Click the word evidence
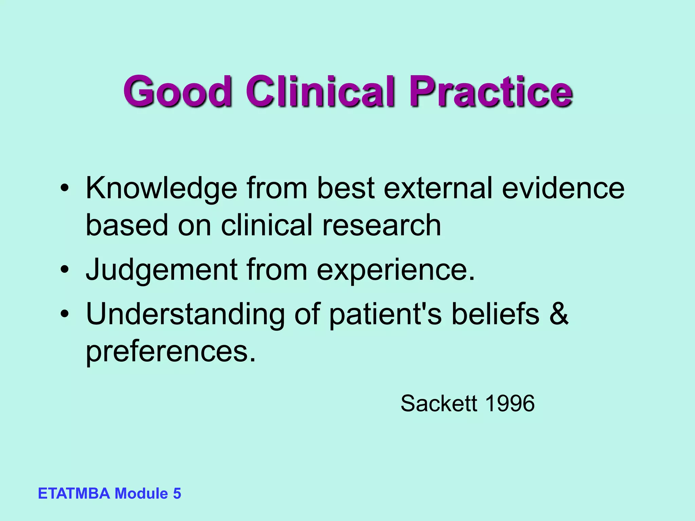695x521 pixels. tap(563, 189)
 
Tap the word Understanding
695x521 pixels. tap(185, 314)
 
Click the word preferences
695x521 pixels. tap(170, 351)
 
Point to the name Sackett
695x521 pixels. tap(439, 404)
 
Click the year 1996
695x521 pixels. tap(510, 404)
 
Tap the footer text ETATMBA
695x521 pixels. tap(74, 494)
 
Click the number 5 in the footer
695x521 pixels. tap(177, 494)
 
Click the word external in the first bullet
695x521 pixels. tap(438, 189)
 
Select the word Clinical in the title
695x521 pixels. tap(320, 91)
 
